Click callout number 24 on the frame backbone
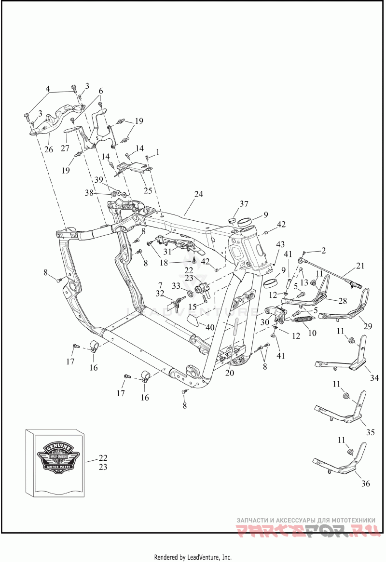coord(199,194)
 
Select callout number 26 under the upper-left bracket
coord(49,149)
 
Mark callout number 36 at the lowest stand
coord(365,484)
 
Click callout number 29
coord(368,326)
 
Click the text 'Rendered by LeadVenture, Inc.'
coord(193,557)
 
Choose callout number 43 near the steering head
coord(281,246)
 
